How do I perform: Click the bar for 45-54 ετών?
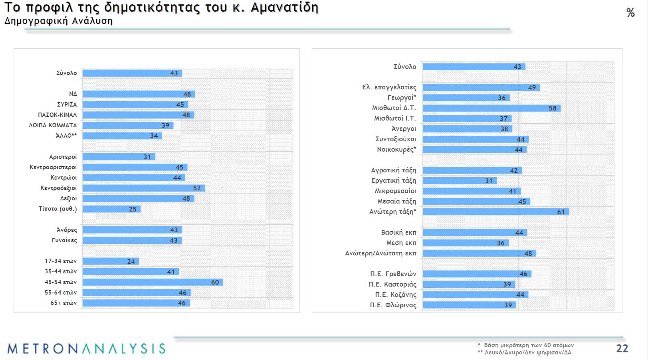point(153,282)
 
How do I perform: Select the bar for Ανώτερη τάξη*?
point(495,212)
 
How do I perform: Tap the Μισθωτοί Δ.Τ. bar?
point(491,108)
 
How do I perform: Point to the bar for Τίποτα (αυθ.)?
point(111,209)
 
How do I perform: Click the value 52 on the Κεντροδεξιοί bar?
point(197,188)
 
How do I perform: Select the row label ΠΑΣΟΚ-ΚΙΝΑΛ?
point(57,115)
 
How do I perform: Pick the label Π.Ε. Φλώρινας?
point(393,305)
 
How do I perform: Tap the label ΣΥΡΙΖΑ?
point(67,105)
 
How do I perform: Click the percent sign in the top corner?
point(630,13)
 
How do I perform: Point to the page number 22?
point(622,348)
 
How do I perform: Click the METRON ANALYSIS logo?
point(86,348)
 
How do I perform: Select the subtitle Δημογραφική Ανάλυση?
point(58,21)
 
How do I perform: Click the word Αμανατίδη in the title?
point(284,7)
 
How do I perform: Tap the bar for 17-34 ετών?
point(111,261)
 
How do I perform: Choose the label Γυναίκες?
point(64,240)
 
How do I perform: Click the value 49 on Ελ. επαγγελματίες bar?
point(532,87)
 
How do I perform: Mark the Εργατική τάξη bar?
point(460,181)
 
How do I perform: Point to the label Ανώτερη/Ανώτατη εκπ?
point(380,253)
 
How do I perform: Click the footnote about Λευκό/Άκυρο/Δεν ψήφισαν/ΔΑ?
point(524,352)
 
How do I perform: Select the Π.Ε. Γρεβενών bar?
point(477,274)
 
